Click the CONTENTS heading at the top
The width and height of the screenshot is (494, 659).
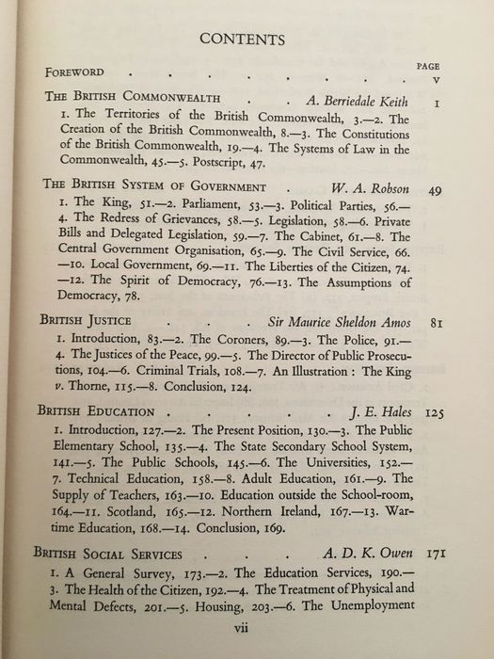pos(247,39)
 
